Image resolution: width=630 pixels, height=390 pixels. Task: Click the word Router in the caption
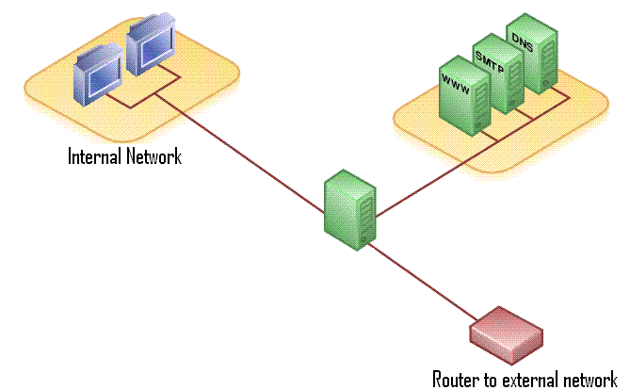pyautogui.click(x=455, y=380)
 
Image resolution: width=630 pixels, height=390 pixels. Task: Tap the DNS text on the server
pyautogui.click(x=522, y=37)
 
